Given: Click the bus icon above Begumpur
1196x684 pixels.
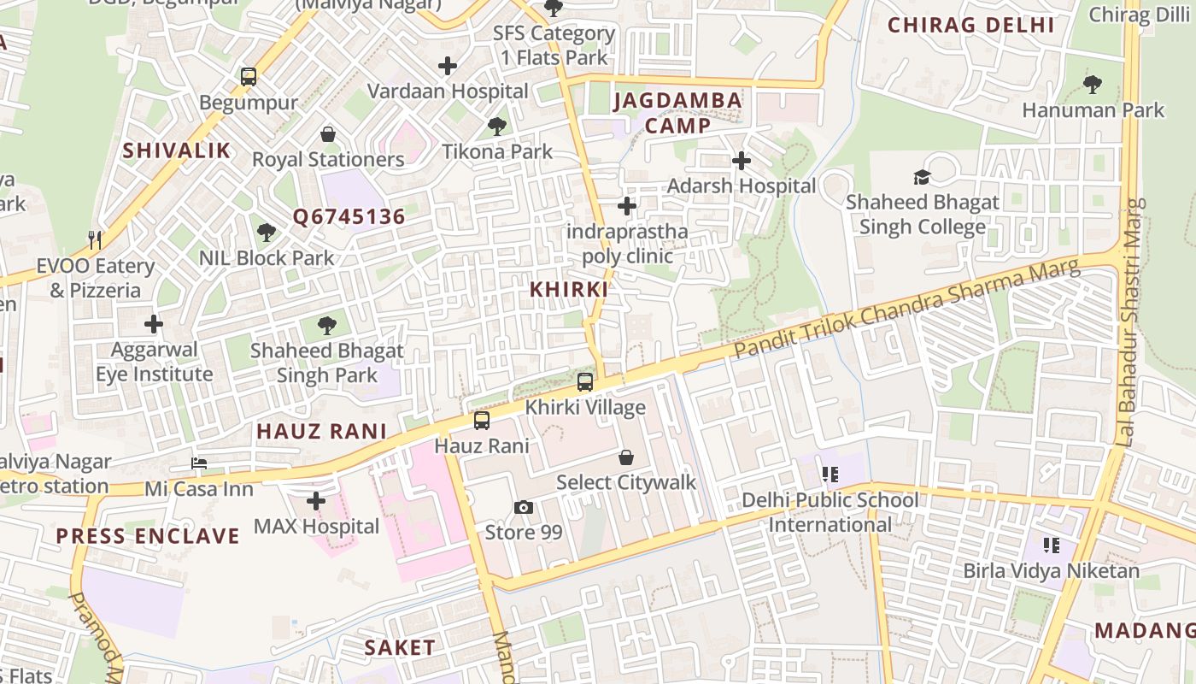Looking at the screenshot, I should (249, 77).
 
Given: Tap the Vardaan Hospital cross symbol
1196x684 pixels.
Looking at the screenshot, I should (448, 65).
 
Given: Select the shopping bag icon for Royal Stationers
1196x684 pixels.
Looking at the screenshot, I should (328, 134).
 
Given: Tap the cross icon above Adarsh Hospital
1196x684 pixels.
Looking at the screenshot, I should (742, 160).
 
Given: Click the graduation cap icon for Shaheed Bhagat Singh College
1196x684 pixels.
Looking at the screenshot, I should (922, 177).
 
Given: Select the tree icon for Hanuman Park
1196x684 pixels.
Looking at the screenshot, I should (1092, 84).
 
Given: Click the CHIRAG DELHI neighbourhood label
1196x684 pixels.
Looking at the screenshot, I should (971, 25).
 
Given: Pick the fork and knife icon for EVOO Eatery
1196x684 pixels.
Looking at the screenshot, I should (95, 240).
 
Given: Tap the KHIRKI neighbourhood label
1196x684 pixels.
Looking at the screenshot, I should (569, 289).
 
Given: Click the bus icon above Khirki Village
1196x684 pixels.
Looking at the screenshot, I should (585, 382).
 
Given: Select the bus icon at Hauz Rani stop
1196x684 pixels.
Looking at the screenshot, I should (482, 421).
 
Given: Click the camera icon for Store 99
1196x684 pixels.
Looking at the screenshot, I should (524, 507).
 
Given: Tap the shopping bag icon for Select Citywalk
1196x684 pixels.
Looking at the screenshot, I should (626, 457).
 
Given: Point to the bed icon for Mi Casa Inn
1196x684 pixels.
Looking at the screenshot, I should (199, 463).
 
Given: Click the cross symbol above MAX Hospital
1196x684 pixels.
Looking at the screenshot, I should (316, 501).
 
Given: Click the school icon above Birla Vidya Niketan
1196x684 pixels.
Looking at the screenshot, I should (1052, 545).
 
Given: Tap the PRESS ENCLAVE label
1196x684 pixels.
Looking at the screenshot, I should (148, 536).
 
